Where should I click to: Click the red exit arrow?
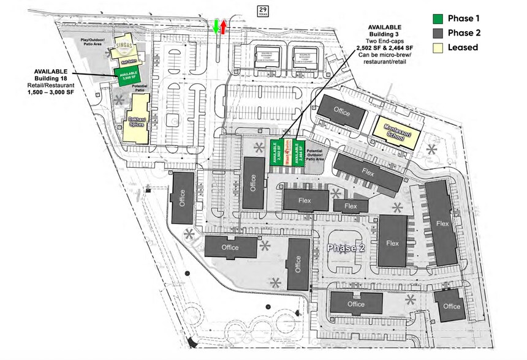tap(224, 26)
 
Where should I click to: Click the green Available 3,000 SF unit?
tap(127, 77)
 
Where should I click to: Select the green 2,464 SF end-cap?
tap(298, 152)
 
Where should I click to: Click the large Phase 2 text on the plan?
tap(346, 247)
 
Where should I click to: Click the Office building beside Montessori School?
tap(341, 111)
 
